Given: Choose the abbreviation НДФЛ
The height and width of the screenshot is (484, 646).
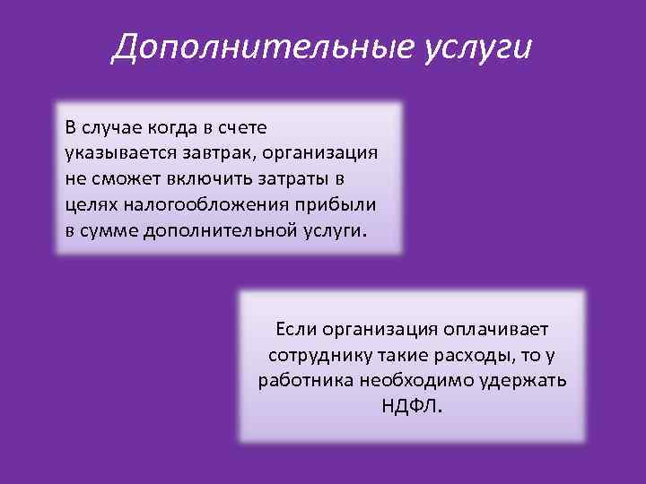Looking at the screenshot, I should click(412, 406).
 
